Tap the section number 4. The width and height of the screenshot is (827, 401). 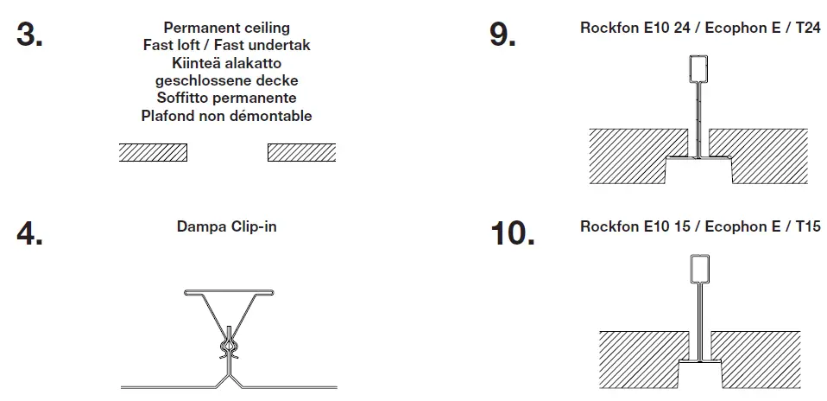31,233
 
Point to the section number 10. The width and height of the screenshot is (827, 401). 513,233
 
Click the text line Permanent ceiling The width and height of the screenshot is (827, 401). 227,29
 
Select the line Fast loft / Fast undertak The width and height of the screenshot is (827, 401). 227,46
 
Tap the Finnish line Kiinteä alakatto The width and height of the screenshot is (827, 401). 227,63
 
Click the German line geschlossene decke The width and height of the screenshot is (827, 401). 227,80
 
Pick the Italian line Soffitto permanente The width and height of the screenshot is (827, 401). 227,98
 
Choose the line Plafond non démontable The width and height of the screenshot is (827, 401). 227,115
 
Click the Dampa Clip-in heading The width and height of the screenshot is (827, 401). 227,227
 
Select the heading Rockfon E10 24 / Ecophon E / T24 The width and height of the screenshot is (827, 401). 700,29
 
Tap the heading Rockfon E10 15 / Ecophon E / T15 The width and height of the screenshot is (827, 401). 700,227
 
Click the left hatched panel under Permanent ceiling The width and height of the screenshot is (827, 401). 153,153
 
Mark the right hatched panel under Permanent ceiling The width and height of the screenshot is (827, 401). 301,153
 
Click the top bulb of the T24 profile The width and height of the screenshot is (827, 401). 699,70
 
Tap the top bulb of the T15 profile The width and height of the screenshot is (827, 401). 699,270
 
